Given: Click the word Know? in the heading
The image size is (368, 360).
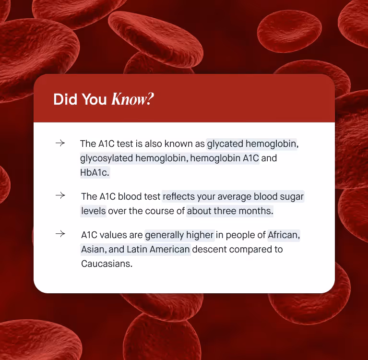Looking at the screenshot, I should (132, 99).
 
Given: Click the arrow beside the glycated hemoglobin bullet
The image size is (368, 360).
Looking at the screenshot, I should (60, 143).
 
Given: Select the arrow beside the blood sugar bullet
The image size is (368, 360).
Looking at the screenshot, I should (60, 196).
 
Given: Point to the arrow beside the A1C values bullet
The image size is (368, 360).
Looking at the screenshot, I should (60, 234).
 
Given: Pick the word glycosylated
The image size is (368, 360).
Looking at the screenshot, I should (106, 158).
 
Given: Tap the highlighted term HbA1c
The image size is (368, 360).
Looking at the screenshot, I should (95, 172).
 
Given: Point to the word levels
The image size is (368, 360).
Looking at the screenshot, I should (93, 211).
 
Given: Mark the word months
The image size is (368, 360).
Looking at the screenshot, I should (258, 211).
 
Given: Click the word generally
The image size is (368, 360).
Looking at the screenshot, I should (164, 235).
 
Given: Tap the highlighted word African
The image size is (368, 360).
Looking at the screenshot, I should (284, 235).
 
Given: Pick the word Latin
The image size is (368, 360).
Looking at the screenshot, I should (138, 249).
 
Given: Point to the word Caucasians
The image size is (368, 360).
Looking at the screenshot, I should (107, 264).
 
